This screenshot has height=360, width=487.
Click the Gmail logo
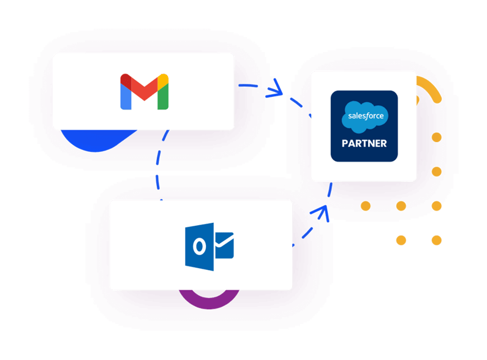[144, 91]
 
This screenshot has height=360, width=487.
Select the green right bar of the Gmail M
[163, 97]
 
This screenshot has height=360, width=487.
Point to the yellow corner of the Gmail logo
[163, 79]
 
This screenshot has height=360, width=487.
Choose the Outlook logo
[210, 246]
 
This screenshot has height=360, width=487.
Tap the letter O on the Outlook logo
[199, 247]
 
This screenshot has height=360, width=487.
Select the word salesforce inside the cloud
[364, 115]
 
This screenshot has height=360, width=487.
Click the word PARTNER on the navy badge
[364, 144]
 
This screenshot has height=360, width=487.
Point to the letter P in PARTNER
[344, 144]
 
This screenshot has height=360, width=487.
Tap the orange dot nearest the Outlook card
[365, 206]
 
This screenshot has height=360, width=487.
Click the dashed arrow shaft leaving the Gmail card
[251, 86]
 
